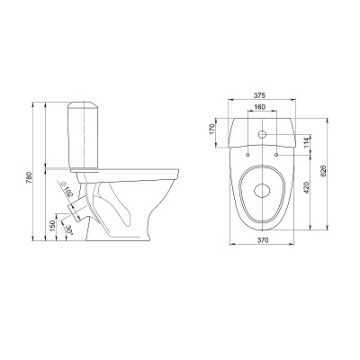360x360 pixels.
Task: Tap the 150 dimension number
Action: click(52, 225)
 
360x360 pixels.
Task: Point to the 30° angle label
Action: click(69, 229)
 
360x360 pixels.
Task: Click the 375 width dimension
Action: click(260, 95)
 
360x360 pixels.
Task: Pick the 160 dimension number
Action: click(260, 107)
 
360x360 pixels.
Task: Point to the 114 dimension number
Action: click(306, 143)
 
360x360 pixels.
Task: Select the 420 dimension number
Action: click(306, 188)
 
